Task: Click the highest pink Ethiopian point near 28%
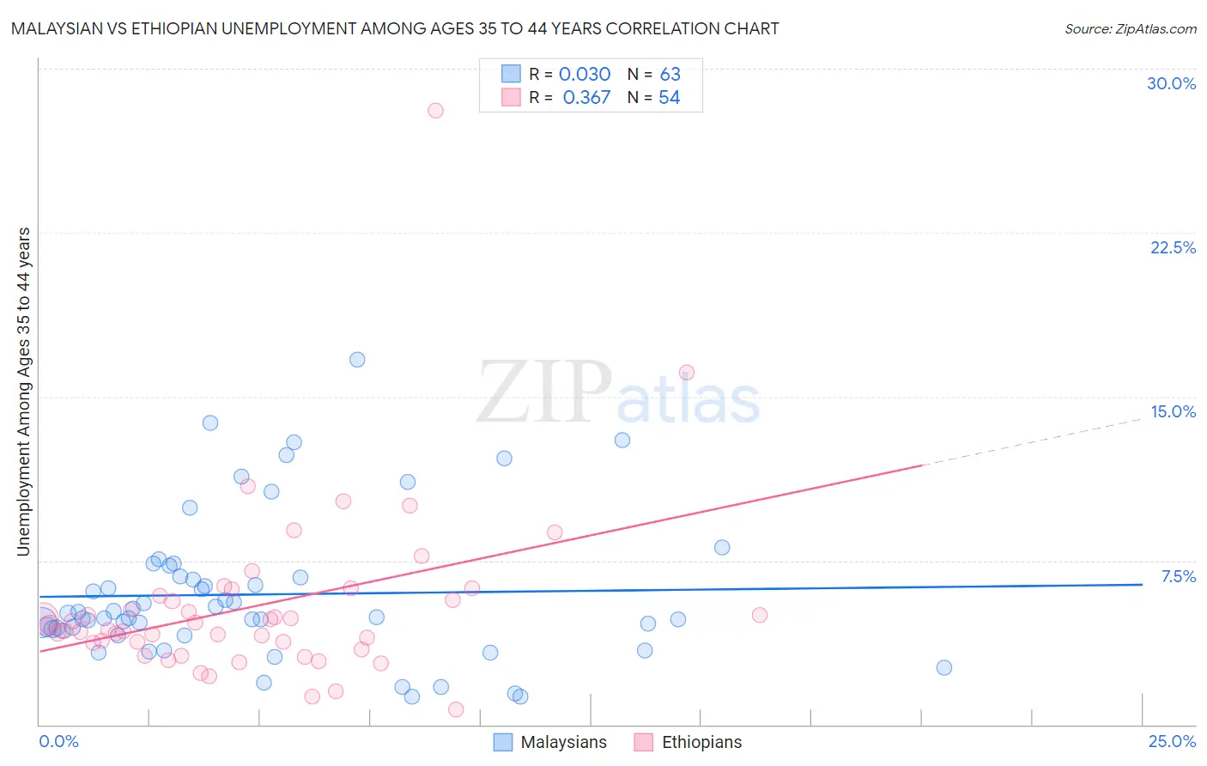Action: pyautogui.click(x=435, y=110)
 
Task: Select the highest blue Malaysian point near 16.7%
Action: pyautogui.click(x=357, y=360)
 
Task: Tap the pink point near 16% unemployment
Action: pyautogui.click(x=687, y=373)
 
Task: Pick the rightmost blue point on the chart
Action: pyautogui.click(x=944, y=667)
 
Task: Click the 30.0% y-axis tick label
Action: pyautogui.click(x=1171, y=83)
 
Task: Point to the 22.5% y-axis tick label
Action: pyautogui.click(x=1173, y=247)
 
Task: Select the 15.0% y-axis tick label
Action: pyautogui.click(x=1173, y=411)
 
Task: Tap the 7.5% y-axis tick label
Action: pyautogui.click(x=1178, y=576)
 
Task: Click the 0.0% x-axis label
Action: pyautogui.click(x=58, y=741)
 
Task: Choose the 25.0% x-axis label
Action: pyautogui.click(x=1172, y=741)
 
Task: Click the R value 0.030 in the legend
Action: pyautogui.click(x=585, y=75)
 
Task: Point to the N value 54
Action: pyautogui.click(x=670, y=98)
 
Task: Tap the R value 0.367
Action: pyautogui.click(x=586, y=98)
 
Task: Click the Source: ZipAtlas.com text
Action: pyautogui.click(x=1130, y=29)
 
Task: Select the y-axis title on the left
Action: pyautogui.click(x=24, y=392)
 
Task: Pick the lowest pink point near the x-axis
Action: pyautogui.click(x=456, y=709)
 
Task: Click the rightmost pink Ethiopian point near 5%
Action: pyautogui.click(x=759, y=615)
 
